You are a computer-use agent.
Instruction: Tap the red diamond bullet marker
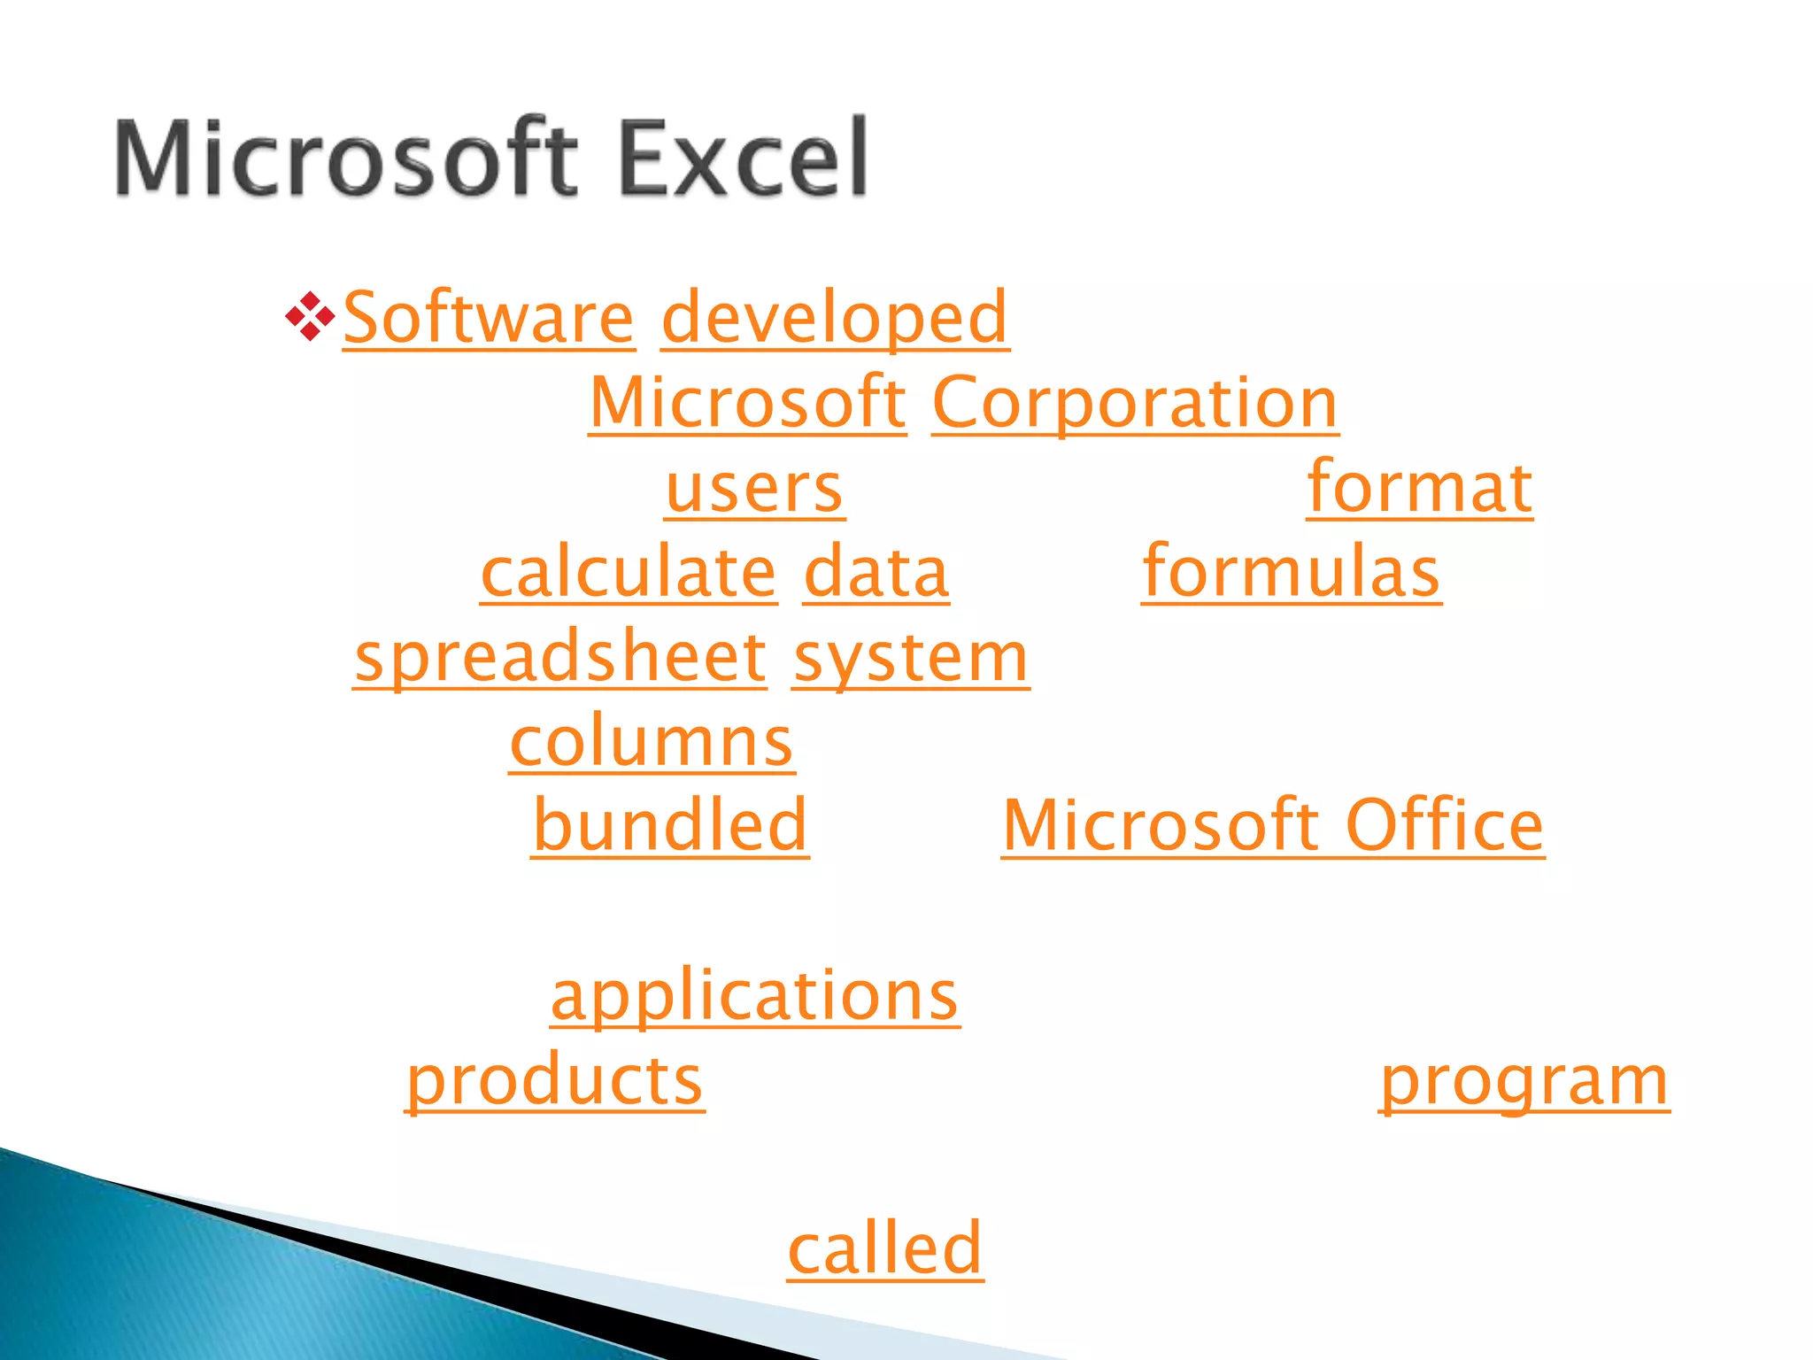[310, 316]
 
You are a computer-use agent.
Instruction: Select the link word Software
[489, 318]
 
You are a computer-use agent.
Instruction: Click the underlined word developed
[835, 318]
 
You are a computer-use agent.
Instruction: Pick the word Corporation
[1135, 403]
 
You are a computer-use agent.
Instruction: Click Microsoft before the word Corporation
[748, 403]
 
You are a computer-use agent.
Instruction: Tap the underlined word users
[754, 489]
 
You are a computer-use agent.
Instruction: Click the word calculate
[629, 573]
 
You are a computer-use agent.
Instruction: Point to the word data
[876, 573]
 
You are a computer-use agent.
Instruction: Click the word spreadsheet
[560, 658]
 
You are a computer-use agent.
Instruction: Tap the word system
[910, 658]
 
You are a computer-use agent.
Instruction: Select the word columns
[652, 742]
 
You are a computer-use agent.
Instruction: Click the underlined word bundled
[670, 825]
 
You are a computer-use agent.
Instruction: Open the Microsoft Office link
[1273, 825]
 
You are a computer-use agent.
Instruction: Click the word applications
[754, 996]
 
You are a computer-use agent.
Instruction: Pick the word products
[555, 1080]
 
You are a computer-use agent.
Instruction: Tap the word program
[1524, 1080]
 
